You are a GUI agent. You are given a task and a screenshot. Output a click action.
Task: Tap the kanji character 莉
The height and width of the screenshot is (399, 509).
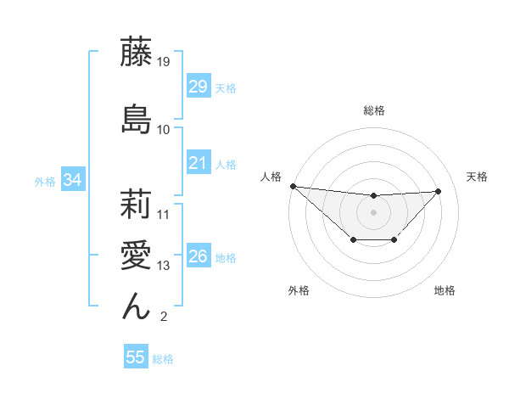coord(137,203)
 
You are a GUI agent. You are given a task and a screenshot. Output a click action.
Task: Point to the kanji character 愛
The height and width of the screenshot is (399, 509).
coord(137,255)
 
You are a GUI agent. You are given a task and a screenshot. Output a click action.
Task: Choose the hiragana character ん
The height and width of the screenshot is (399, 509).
coord(137,305)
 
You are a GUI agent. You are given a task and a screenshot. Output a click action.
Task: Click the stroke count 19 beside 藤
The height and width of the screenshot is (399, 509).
coord(165,62)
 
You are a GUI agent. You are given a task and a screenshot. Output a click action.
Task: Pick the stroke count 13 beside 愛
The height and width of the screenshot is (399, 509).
coord(165,266)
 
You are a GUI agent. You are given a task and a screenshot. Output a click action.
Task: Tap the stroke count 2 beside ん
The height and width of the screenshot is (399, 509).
coord(163,318)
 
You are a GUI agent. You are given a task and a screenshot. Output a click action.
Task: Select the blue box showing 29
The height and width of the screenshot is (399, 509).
coord(199,87)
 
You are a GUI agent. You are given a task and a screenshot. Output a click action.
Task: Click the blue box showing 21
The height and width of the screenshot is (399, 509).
coord(199,163)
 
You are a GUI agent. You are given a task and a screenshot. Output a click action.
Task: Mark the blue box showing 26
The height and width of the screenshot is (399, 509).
coord(199,256)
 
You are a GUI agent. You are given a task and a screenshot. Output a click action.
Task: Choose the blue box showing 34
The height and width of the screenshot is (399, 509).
coord(72,180)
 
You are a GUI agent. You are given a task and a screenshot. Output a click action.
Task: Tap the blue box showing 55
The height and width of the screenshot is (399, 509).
coord(136,357)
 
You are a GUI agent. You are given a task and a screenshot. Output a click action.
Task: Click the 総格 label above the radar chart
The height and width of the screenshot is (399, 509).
coord(374,110)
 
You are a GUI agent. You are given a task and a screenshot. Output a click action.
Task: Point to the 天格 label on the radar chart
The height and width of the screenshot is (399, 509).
coord(477,177)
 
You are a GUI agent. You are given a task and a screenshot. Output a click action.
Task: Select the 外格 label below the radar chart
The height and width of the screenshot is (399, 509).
coord(299,290)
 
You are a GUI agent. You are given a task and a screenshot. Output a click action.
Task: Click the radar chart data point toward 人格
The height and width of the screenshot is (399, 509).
coord(293,186)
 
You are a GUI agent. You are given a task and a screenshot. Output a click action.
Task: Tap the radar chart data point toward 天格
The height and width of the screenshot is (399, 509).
coord(439,191)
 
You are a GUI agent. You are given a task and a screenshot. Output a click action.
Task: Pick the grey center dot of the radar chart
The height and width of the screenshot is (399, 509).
coord(373,211)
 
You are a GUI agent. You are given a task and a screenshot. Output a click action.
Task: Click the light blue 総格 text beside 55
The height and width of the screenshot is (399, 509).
coord(163,359)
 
